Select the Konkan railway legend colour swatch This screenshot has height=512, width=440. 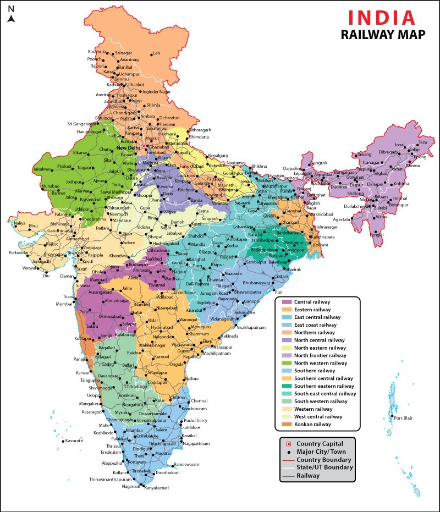point(286,424)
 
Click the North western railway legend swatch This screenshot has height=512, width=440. point(286,363)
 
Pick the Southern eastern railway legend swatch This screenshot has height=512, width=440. point(286,386)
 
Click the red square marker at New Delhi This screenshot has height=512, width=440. point(144,147)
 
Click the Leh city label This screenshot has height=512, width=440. point(156,53)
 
